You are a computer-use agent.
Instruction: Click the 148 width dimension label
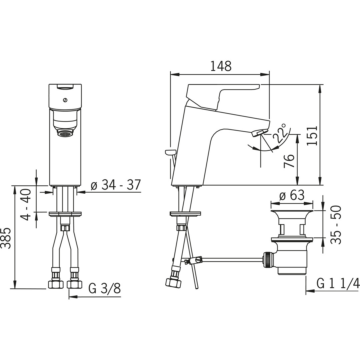[x=221, y=66]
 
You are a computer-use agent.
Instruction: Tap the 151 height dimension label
[x=312, y=135]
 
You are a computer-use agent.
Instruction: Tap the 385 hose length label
[x=6, y=238]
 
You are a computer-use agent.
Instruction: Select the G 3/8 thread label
[x=104, y=288]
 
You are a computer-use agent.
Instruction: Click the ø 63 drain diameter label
[x=292, y=195]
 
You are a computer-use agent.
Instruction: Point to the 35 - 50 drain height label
[x=336, y=225]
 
